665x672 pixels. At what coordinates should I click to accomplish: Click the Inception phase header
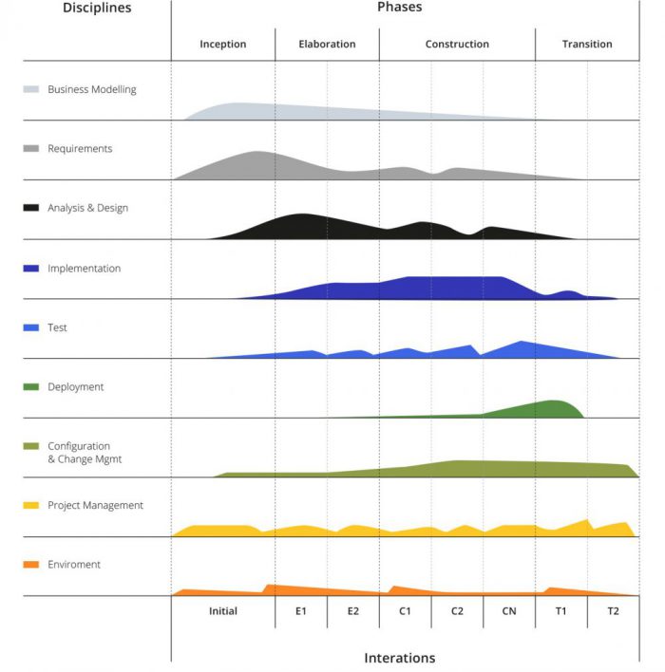point(223,44)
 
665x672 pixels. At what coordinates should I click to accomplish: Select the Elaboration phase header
point(327,44)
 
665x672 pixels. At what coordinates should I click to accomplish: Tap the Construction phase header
point(457,44)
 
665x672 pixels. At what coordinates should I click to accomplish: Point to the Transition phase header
point(587,44)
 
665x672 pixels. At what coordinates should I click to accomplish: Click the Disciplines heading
point(97,9)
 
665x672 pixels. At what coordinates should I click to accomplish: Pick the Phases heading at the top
point(400,8)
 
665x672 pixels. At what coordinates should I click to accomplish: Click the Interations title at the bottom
point(400,658)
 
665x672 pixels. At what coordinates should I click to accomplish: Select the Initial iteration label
point(223,611)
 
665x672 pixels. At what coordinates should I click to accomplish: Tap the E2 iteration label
point(353,611)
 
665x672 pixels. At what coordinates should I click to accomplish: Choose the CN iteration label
point(509,611)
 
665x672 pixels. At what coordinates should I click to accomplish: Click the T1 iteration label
point(560,611)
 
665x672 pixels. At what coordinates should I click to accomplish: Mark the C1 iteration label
point(405,611)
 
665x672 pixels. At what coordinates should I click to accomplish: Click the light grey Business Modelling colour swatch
point(31,90)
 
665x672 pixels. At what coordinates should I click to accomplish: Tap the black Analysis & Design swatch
point(31,208)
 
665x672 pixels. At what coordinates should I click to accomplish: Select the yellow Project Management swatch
point(31,506)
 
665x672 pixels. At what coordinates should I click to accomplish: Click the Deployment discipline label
point(76,387)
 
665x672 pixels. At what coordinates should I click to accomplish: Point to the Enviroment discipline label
point(74,565)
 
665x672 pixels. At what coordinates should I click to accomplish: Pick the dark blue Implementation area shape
point(446,288)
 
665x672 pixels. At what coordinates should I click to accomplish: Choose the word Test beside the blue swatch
point(57,327)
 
